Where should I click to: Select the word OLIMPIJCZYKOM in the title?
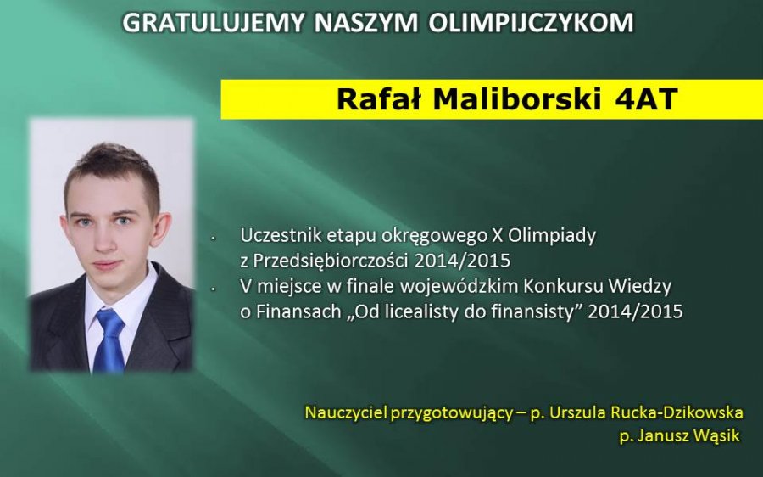coord(532,23)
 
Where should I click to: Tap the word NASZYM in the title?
coord(367,23)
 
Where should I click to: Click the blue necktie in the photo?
coord(109,340)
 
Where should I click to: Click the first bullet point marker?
coord(213,238)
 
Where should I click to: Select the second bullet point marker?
coord(213,289)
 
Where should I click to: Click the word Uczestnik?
coord(281,235)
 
